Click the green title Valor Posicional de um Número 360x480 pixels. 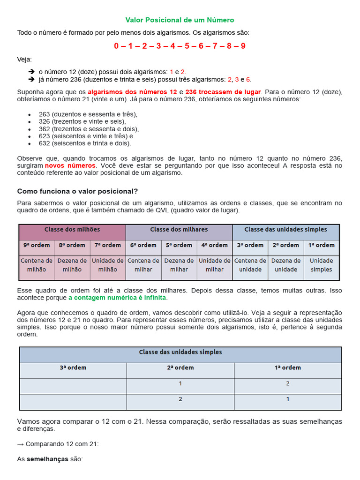coord(180,20)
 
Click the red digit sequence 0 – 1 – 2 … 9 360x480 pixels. coord(180,46)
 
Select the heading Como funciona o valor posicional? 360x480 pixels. coord(77,191)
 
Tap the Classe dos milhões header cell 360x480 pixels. coord(72,230)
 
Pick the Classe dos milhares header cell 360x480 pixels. coord(179,230)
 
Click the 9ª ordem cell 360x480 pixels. coord(37,245)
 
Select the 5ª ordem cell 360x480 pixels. coord(179,245)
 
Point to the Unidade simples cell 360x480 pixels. coord(321,265)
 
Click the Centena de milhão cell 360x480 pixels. coord(37,265)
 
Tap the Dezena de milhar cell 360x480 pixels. coord(179,265)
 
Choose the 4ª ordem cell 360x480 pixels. coord(215,245)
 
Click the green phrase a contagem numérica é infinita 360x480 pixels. coord(117,298)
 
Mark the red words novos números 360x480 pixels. coord(70,166)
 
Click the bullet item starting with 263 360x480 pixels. coord(88,114)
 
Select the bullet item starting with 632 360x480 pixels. coord(85,143)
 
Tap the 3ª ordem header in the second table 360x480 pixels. coord(73,368)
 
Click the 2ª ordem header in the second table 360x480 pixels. coord(180,368)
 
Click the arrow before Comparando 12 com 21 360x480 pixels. coord(21,444)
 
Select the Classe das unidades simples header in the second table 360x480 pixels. coord(180,352)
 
